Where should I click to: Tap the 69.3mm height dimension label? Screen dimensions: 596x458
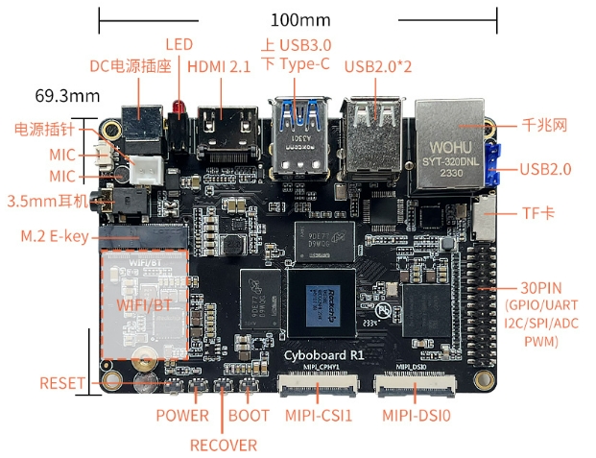point(67,96)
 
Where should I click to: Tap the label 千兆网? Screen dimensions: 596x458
point(545,125)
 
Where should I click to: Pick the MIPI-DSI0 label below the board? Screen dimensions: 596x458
point(417,416)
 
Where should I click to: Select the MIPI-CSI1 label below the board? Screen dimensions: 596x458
point(319,416)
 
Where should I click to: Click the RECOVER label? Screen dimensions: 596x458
point(223,445)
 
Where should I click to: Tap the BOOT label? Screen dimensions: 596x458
point(249,416)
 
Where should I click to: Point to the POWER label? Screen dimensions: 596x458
point(182,416)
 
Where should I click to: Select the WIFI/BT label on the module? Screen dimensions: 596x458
point(145,304)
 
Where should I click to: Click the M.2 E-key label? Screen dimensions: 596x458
point(55,235)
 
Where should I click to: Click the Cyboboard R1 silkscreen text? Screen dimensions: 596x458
point(323,354)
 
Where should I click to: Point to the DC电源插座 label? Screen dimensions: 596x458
point(130,66)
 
